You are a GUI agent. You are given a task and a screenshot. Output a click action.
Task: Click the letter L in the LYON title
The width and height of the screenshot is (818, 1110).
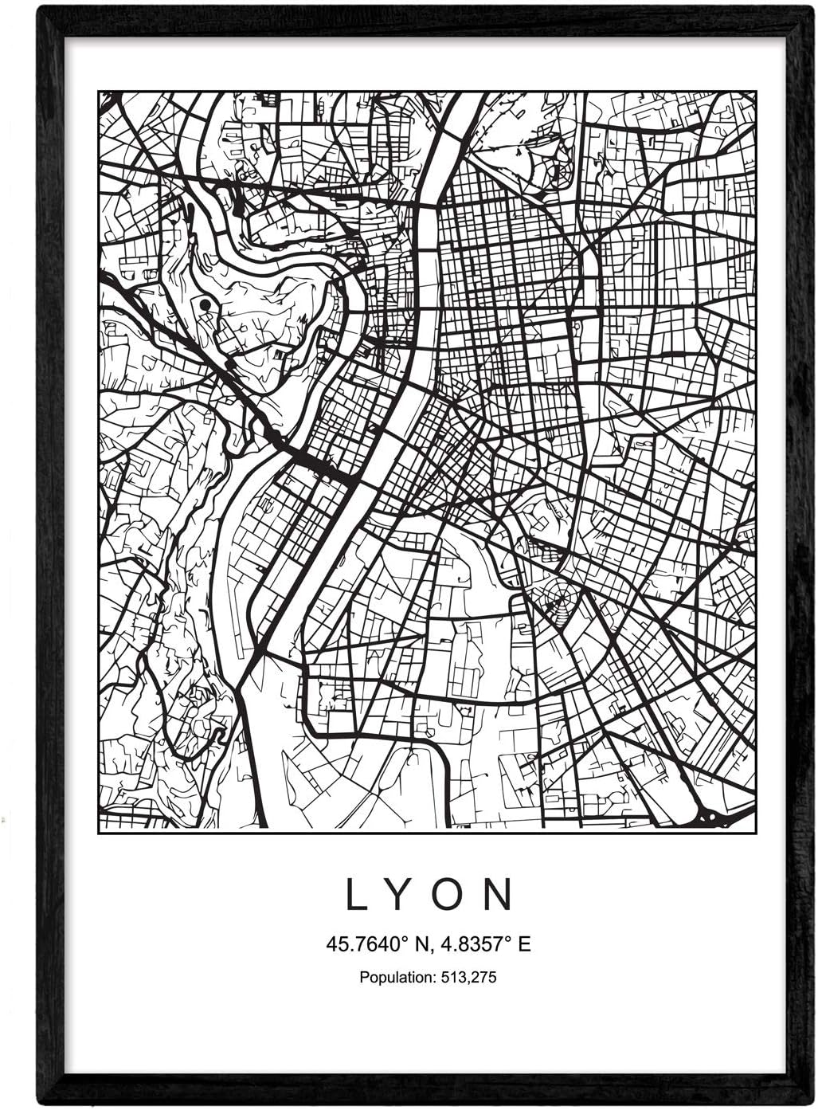(354, 895)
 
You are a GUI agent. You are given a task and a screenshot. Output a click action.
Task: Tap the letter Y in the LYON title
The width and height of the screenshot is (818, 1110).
(401, 895)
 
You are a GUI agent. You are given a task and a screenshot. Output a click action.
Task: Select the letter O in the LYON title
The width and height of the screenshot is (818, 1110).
(451, 895)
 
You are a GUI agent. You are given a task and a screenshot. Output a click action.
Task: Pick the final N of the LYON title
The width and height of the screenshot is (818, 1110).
(500, 895)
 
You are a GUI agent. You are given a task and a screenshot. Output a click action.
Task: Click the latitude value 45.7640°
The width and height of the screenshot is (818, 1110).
(366, 944)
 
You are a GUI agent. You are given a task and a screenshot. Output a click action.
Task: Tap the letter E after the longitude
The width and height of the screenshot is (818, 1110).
(524, 944)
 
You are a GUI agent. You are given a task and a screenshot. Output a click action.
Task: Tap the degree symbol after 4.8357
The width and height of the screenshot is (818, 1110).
(510, 939)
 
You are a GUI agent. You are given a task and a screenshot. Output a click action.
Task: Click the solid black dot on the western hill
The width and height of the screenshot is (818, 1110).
(205, 304)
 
